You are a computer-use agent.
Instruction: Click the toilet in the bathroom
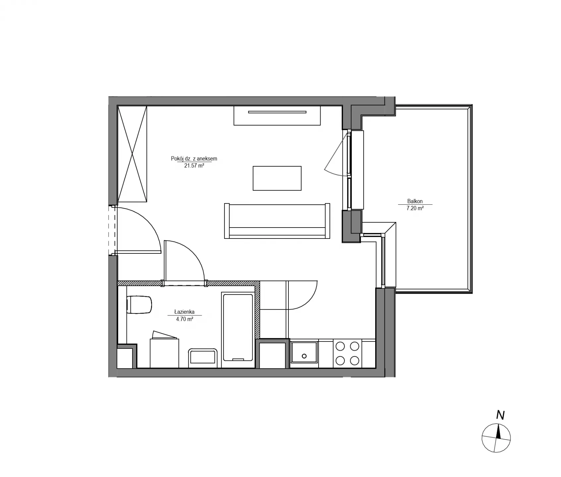[x=139, y=304]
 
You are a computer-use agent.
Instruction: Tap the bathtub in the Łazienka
[x=238, y=327]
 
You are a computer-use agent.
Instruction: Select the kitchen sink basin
[x=304, y=353]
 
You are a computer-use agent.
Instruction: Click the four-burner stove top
[x=347, y=353]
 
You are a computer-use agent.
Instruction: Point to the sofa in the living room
[x=277, y=221]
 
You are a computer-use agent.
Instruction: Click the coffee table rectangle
[x=277, y=178]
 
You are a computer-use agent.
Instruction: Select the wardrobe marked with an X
[x=132, y=154]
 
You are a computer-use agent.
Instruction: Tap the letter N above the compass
[x=500, y=415]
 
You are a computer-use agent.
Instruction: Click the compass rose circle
[x=496, y=438]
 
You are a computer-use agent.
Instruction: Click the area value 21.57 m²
[x=194, y=166]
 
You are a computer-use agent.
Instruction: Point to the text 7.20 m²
[x=415, y=208]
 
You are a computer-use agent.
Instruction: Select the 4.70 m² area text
[x=184, y=319]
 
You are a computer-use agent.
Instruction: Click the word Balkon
[x=415, y=201]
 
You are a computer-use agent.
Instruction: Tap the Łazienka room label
[x=184, y=312]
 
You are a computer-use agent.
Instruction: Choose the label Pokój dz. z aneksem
[x=194, y=159]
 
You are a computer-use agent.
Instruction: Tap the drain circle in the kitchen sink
[x=304, y=356]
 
